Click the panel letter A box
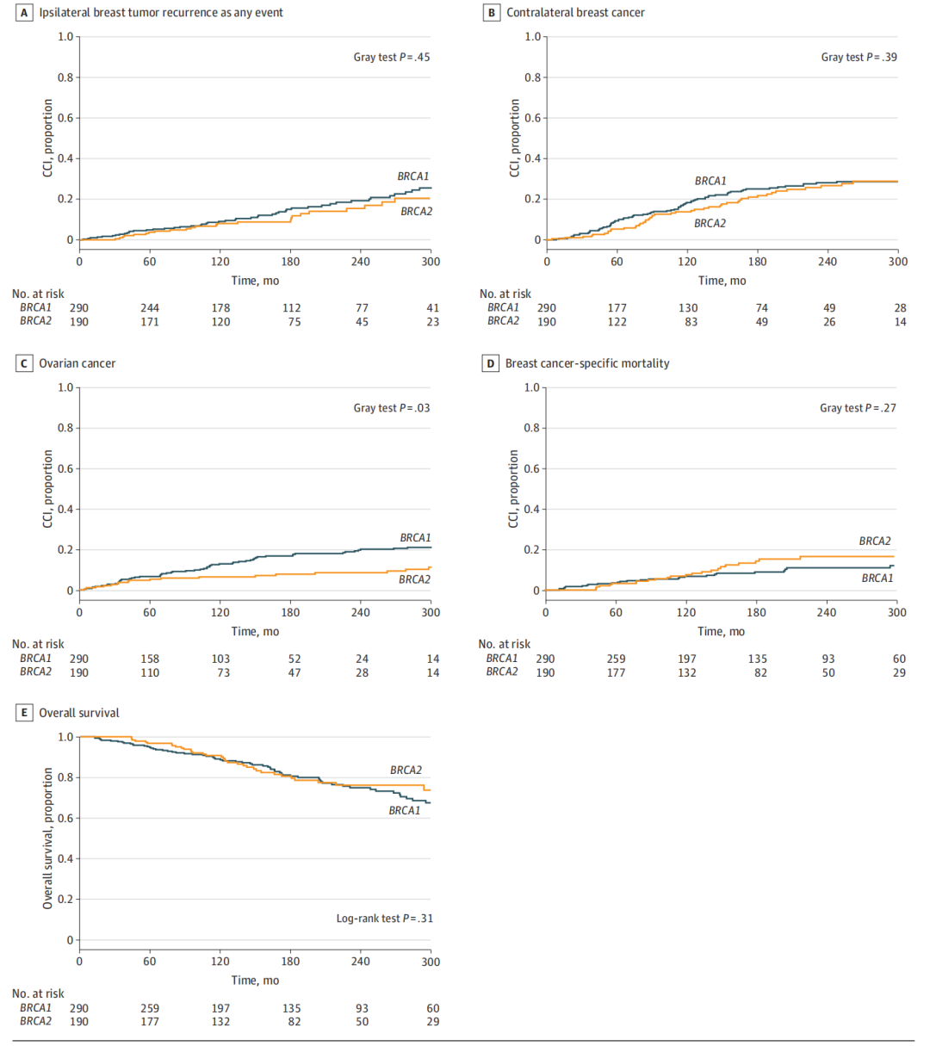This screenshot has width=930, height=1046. coord(24,13)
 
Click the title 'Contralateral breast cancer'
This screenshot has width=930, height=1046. coord(575,13)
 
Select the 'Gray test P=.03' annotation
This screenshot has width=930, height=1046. coord(391,408)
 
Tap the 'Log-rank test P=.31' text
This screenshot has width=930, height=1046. coord(384,919)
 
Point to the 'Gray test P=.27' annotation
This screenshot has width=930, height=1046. coord(858,408)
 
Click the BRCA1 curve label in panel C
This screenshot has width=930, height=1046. coord(415,538)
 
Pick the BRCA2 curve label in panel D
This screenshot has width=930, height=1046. coord(875,542)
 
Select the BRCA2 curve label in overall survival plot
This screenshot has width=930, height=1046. coord(406,771)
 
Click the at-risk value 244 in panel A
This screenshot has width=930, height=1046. coord(150,308)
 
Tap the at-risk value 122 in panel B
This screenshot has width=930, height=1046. coord(617,322)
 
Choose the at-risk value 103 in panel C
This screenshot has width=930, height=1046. coord(220,659)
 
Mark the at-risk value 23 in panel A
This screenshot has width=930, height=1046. coord(432,322)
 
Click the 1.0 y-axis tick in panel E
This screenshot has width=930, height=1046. coord(65,737)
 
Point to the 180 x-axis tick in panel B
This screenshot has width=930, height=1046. coord(757,262)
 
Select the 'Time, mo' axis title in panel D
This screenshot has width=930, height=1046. coord(722,632)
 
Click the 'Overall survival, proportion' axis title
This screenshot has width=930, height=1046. coord(48,839)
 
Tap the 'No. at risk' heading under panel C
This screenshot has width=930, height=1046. coord(38,644)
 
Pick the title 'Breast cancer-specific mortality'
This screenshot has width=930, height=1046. coord(587,363)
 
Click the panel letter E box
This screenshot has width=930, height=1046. coord(24,713)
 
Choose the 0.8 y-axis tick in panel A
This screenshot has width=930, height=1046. coord(65,77)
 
